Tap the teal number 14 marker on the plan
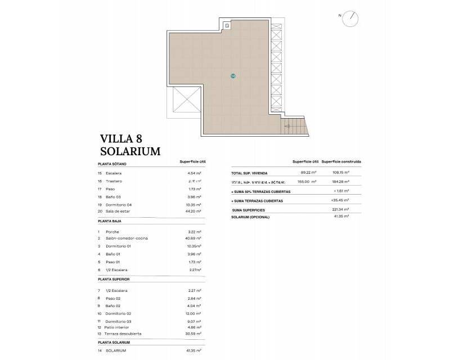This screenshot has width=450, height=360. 233,75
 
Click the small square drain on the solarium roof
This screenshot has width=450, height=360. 227,25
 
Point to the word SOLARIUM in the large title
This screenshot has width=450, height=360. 130,151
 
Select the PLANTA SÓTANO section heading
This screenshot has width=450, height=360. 112,164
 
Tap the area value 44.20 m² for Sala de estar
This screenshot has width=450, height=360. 193,211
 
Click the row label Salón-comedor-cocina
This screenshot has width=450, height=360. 127,238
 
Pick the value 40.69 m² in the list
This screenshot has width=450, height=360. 193,238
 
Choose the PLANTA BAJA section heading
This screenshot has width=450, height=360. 110,222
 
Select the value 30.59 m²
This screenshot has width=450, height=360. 193,334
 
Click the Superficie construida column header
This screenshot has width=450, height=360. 341,162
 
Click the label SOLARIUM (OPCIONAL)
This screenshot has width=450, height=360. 250,217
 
